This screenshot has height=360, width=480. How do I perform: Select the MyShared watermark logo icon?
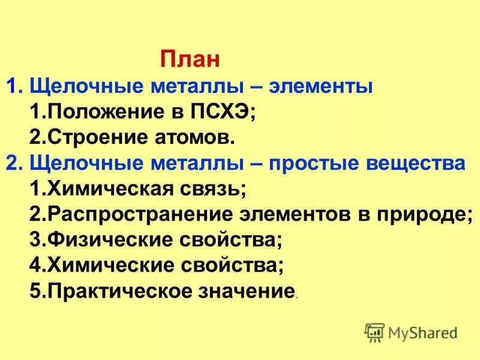(x=374, y=332)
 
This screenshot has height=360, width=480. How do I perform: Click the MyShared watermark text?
(x=423, y=332)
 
